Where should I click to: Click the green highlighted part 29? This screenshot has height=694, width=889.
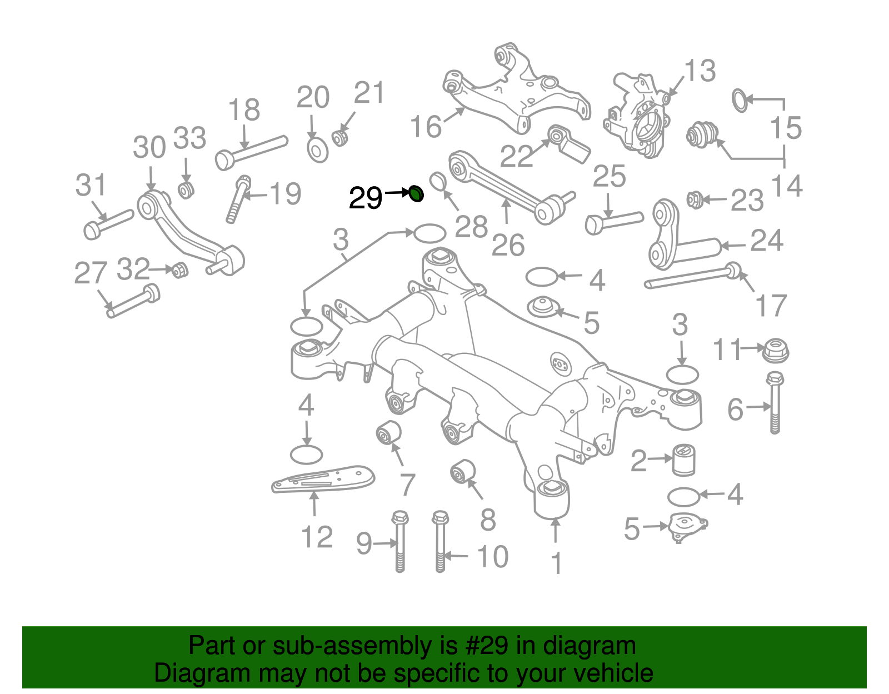pyautogui.click(x=416, y=194)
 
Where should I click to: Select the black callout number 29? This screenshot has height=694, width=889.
pyautogui.click(x=366, y=198)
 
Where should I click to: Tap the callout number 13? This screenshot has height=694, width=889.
pyautogui.click(x=700, y=71)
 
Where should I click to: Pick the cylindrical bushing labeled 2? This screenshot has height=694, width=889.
pyautogui.click(x=684, y=460)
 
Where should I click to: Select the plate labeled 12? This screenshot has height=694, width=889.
pyautogui.click(x=322, y=479)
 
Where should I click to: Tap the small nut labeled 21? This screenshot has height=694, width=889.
pyautogui.click(x=340, y=137)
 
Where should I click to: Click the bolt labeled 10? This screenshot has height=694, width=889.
pyautogui.click(x=439, y=542)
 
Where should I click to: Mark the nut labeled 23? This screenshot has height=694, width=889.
pyautogui.click(x=693, y=199)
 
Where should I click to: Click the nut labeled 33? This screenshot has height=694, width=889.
pyautogui.click(x=186, y=189)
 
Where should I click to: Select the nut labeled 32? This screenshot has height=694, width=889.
pyautogui.click(x=179, y=270)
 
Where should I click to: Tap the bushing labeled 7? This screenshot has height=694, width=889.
pyautogui.click(x=388, y=433)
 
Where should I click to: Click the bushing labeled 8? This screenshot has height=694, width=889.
pyautogui.click(x=462, y=472)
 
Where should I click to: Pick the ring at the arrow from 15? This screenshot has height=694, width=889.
pyautogui.click(x=740, y=100)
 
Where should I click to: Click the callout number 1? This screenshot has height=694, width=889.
pyautogui.click(x=556, y=563)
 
